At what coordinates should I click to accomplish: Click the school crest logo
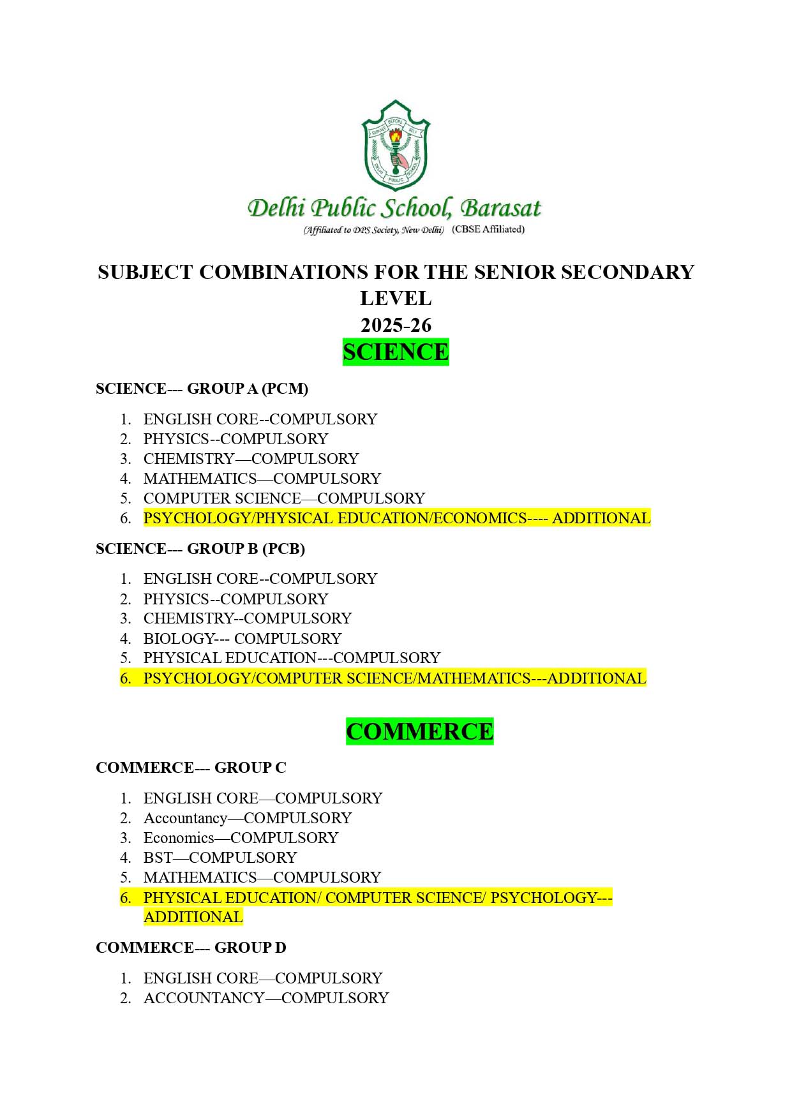tap(396, 145)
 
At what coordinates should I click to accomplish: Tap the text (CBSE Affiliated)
tap(488, 229)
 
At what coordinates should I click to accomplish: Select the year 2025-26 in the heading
tap(396, 325)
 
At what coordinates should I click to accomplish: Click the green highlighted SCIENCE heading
tap(396, 352)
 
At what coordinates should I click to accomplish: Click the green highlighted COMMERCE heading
tap(419, 731)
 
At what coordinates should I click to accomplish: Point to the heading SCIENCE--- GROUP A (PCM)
tap(202, 389)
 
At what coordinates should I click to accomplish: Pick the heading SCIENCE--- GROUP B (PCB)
tap(200, 549)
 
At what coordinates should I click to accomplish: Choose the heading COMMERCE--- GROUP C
tap(191, 768)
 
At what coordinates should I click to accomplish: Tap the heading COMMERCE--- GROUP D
tap(191, 948)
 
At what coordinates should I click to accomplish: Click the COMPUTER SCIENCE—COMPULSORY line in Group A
tap(284, 498)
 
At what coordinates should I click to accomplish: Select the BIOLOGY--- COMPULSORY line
tap(242, 638)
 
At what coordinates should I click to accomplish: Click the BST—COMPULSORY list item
tap(220, 858)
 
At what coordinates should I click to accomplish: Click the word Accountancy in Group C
tap(185, 818)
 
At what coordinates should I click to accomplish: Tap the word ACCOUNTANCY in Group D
tap(204, 998)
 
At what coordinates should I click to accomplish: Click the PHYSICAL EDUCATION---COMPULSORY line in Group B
tap(292, 658)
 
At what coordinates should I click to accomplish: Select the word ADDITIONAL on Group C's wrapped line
tap(193, 917)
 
